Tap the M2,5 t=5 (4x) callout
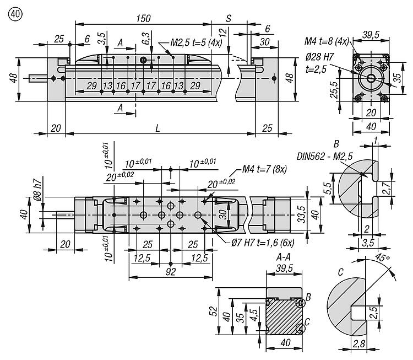196,42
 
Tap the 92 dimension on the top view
171,272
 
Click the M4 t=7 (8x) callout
264,169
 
